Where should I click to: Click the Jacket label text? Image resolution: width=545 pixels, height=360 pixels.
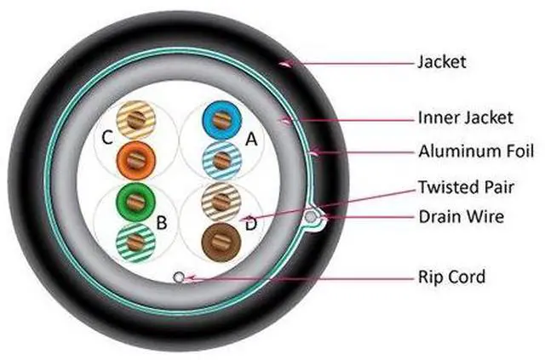(441, 61)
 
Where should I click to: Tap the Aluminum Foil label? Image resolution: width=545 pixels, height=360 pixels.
(477, 152)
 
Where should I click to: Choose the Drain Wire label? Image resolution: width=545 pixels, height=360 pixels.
(461, 217)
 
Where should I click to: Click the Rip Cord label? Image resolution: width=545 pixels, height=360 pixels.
(451, 277)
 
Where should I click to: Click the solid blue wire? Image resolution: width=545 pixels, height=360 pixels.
(220, 123)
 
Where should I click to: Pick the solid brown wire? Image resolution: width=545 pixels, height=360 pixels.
(220, 237)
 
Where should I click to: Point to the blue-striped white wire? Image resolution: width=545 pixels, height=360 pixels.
(221, 158)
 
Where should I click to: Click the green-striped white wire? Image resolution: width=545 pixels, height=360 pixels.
(135, 243)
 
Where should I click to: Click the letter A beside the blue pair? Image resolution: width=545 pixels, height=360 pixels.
(250, 141)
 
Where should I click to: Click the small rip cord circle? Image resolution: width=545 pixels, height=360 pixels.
(178, 277)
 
